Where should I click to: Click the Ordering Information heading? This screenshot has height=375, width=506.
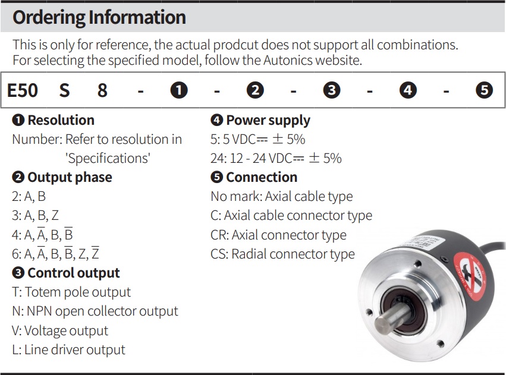[99, 17]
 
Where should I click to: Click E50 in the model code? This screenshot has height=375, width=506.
[23, 90]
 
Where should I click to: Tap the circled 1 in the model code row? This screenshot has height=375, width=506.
[179, 90]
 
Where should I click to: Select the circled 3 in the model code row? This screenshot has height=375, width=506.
[331, 90]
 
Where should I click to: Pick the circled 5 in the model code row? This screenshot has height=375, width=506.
[485, 90]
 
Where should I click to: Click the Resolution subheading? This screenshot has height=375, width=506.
[54, 120]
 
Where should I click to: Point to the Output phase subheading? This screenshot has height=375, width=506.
[62, 177]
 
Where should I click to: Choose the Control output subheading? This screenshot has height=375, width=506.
[66, 273]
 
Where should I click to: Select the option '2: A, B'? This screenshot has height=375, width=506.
[29, 197]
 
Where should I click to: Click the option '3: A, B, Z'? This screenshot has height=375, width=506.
[36, 216]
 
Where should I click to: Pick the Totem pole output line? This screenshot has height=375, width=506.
[71, 292]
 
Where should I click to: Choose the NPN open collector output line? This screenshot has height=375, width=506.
[95, 311]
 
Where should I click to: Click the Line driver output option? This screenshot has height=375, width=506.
[69, 350]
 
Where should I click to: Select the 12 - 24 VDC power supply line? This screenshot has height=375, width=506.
[276, 159]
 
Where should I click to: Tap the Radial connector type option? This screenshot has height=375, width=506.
[282, 254]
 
